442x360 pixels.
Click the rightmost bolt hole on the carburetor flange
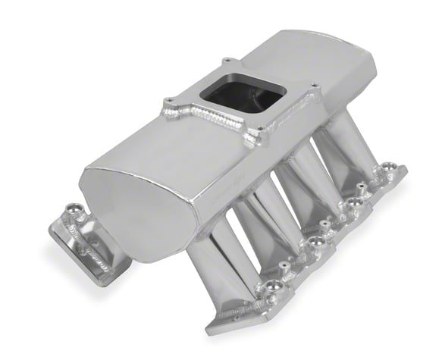point(312,86)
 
